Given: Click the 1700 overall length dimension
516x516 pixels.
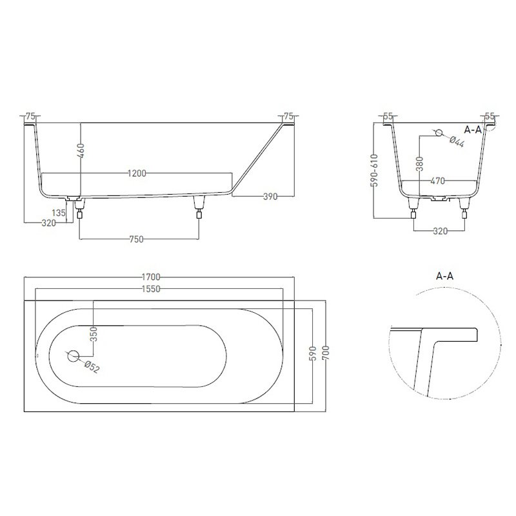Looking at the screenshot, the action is (151, 277).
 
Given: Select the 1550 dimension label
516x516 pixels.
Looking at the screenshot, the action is (151, 288).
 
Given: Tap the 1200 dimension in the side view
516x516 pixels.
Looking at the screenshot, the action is (137, 173).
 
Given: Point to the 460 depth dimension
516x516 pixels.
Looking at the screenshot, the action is (81, 150).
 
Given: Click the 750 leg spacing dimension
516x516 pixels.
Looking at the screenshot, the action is (137, 239).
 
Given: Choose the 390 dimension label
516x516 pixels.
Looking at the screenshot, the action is (270, 197).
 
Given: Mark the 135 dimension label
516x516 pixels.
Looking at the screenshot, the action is (59, 213).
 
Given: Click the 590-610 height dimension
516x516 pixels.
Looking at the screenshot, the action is (374, 170).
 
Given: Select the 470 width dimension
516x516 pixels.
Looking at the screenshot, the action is (438, 181).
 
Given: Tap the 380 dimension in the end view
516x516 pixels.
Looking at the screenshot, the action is (419, 164).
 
